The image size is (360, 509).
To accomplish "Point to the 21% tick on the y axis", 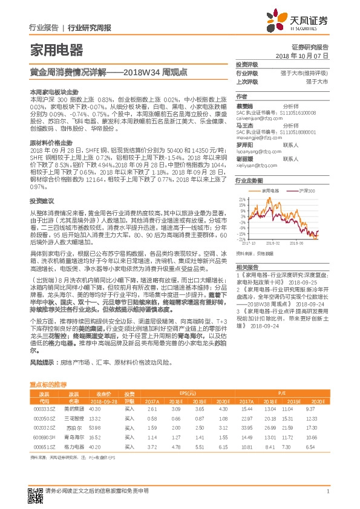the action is click(243, 198).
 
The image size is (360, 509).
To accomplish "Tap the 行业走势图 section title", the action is click(250, 180).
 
